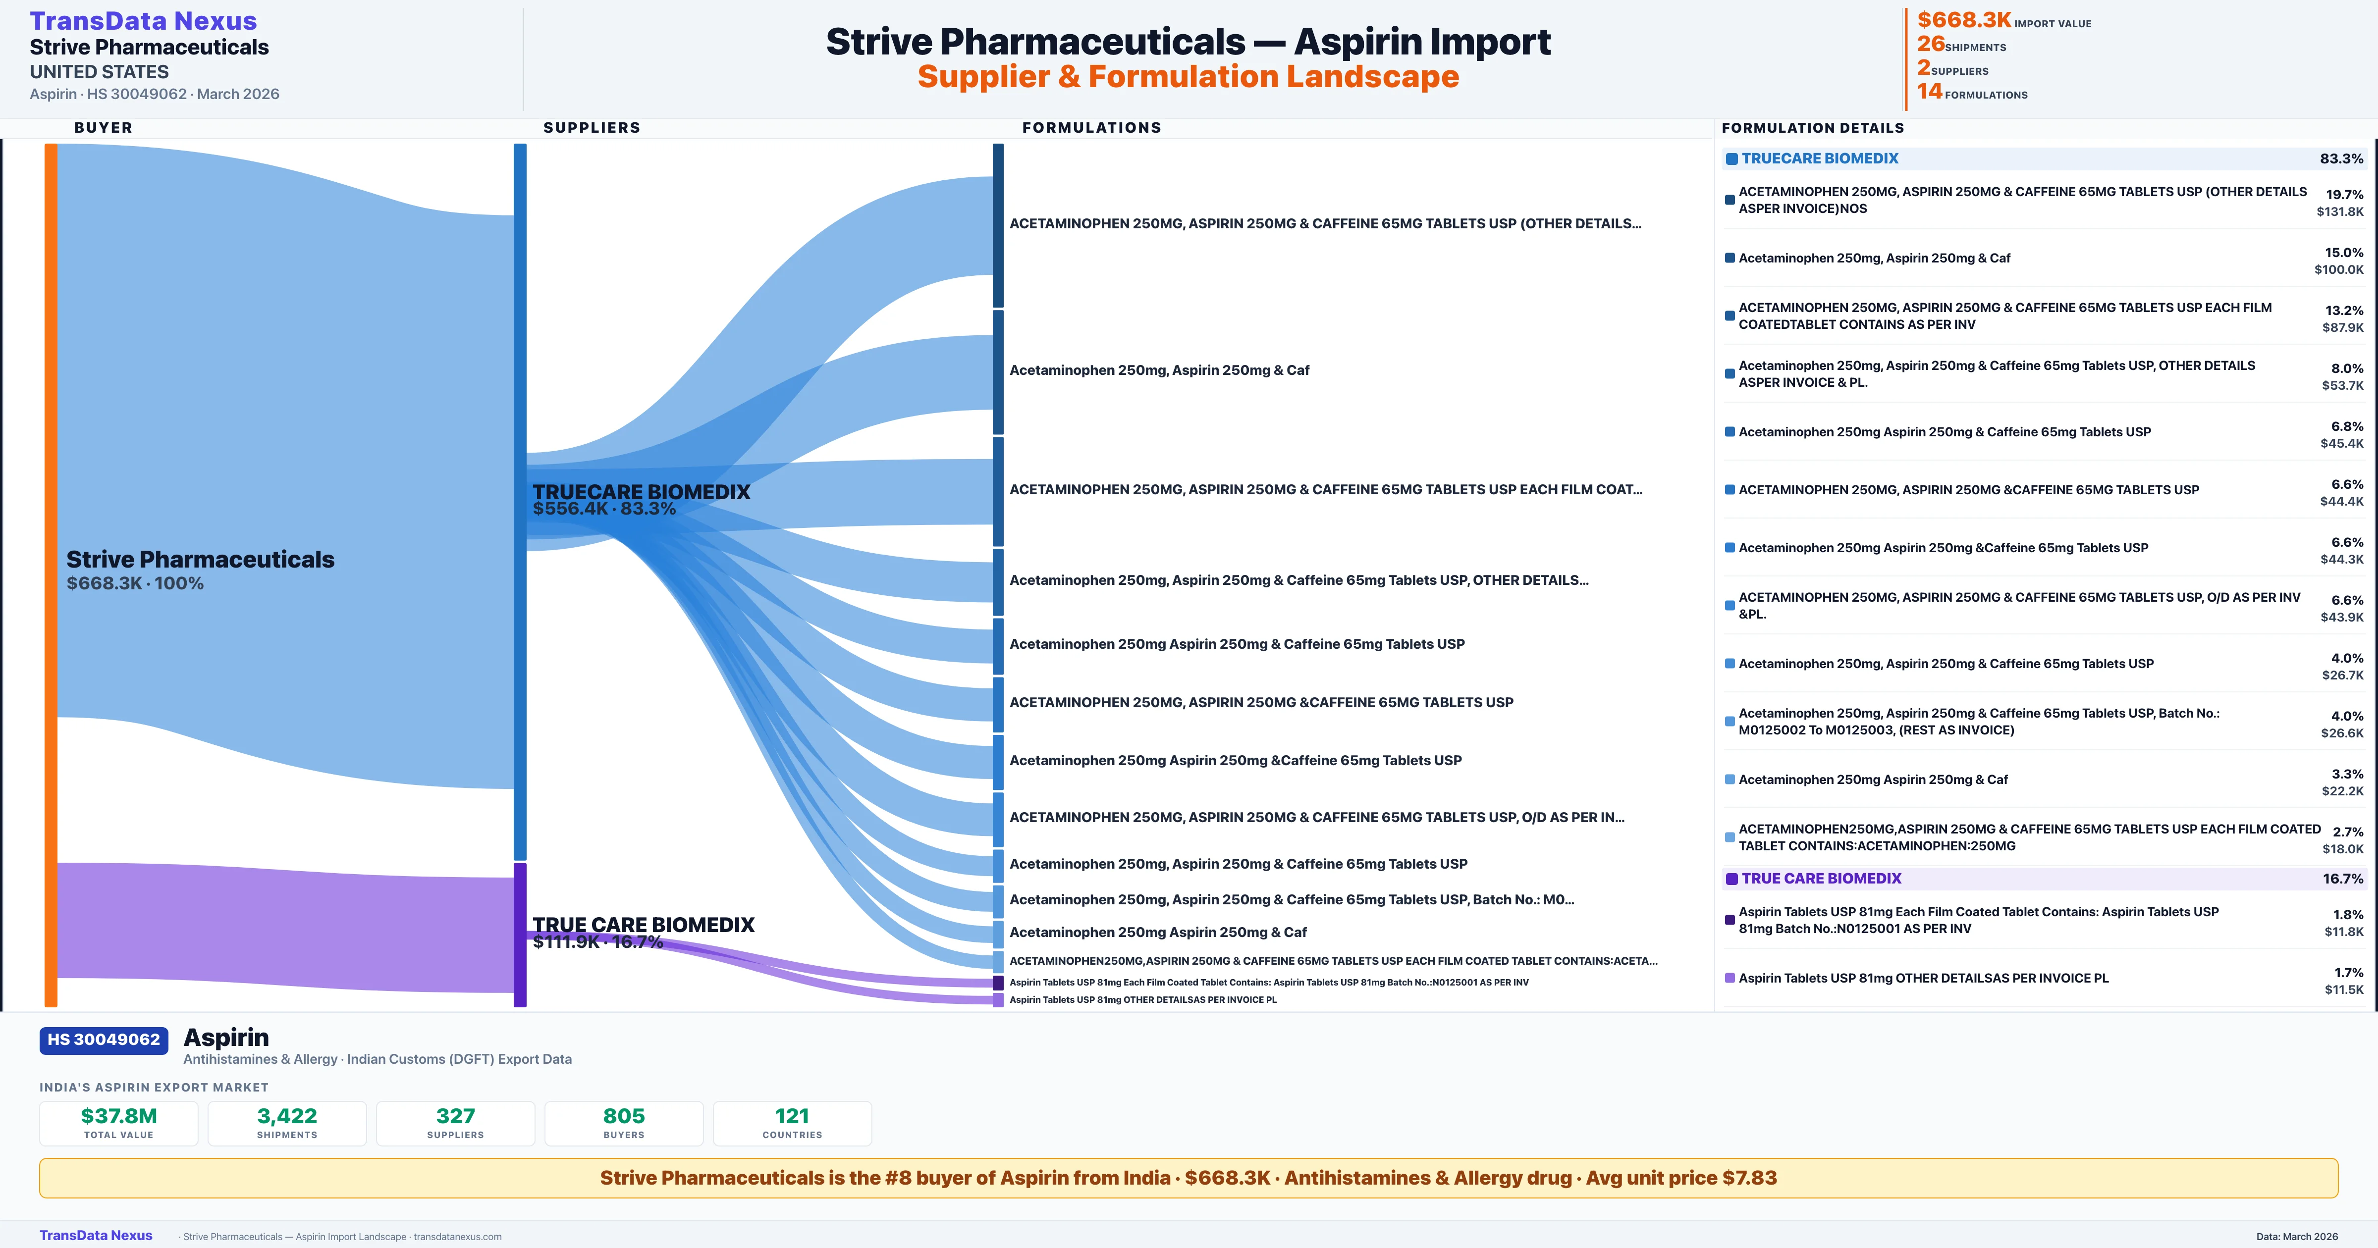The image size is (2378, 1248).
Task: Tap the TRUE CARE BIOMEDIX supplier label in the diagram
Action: tap(644, 925)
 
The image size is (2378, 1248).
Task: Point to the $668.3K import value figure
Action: tap(1963, 20)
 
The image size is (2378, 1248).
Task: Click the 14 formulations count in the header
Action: tap(1929, 92)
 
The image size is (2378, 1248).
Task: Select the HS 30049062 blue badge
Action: tap(104, 1040)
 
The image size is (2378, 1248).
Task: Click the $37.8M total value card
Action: tap(119, 1123)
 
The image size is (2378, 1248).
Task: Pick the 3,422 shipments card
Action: tap(287, 1123)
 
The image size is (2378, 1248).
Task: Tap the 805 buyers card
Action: tap(624, 1123)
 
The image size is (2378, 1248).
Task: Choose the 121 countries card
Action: tap(792, 1123)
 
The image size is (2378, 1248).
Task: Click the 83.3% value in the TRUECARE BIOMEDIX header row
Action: tap(2341, 159)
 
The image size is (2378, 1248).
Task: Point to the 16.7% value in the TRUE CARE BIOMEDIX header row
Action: tap(2343, 879)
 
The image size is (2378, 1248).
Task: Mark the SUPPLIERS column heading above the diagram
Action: tap(592, 127)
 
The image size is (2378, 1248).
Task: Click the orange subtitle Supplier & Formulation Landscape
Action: tap(1188, 77)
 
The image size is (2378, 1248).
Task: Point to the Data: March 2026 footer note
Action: tap(2297, 1236)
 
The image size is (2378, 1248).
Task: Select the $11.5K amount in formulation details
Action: tap(2344, 989)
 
